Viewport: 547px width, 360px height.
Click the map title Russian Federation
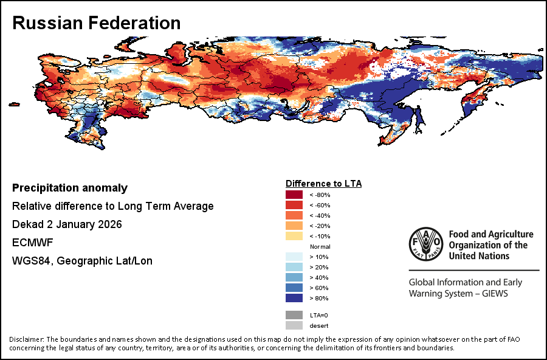click(x=97, y=23)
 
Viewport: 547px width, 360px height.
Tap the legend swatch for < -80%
click(x=294, y=195)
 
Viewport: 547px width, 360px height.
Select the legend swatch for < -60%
click(x=294, y=205)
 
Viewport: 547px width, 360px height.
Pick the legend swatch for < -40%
click(x=294, y=215)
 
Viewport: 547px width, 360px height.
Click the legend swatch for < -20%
click(x=294, y=226)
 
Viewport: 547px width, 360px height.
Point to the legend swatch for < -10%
click(x=294, y=236)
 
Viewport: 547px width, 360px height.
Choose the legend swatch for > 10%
click(x=294, y=257)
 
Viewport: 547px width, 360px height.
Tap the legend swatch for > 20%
click(x=294, y=267)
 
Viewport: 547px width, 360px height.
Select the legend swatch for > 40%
click(x=294, y=277)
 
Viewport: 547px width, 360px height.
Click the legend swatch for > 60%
click(x=294, y=288)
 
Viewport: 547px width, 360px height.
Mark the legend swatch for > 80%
click(x=294, y=298)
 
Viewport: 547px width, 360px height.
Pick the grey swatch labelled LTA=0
click(x=294, y=315)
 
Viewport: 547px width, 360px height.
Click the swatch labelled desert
click(x=294, y=325)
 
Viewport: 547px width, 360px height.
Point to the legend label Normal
click(x=320, y=246)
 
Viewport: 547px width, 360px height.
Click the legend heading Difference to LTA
click(x=323, y=183)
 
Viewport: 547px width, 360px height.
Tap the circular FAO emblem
click(x=425, y=244)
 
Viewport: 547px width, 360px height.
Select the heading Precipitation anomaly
click(x=70, y=188)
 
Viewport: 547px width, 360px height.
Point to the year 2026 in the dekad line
click(x=109, y=224)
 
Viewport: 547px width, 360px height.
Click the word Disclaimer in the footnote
click(x=26, y=339)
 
